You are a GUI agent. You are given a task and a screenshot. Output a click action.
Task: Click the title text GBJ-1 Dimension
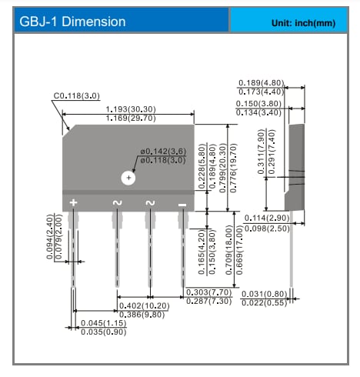(72, 22)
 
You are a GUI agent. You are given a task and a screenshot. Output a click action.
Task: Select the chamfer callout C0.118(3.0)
(78, 97)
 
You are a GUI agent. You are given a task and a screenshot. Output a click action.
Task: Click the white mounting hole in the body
(128, 177)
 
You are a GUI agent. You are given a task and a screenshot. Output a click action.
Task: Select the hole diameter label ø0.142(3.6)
(163, 152)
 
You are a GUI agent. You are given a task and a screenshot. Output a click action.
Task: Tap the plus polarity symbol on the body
(73, 202)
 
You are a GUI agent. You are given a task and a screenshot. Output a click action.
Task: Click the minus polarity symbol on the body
(182, 203)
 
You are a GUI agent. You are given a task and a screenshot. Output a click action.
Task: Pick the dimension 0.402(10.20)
(146, 306)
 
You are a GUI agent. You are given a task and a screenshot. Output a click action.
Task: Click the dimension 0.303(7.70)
(211, 293)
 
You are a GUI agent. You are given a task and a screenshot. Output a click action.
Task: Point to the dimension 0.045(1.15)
(104, 322)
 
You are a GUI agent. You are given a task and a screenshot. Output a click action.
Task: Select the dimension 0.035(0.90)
(104, 332)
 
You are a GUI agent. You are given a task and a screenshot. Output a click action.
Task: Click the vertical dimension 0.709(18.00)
(228, 251)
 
